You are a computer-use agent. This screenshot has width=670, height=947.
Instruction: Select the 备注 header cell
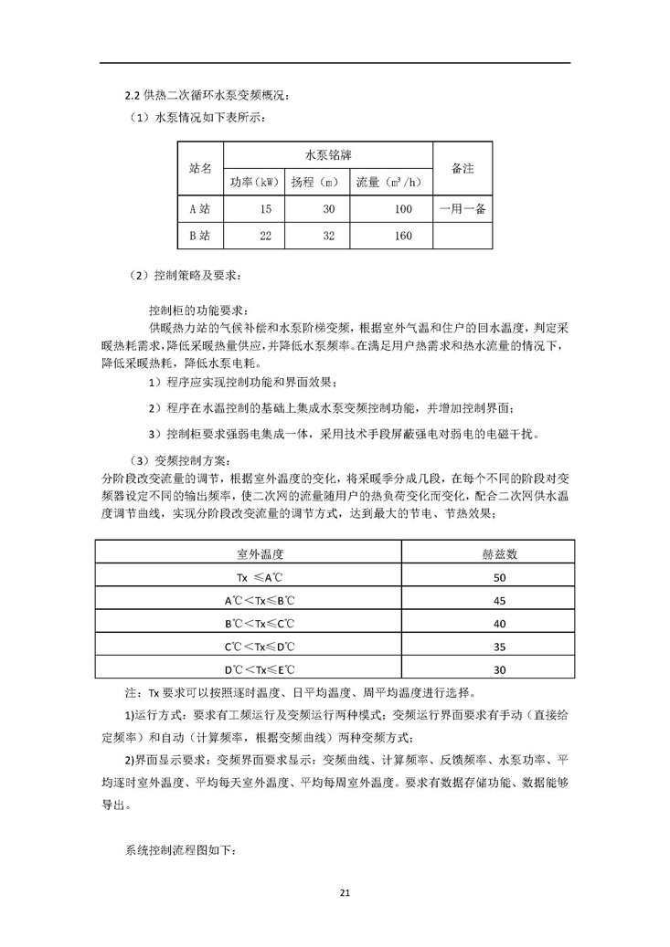[x=462, y=169]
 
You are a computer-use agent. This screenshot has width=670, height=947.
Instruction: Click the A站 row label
[x=199, y=209]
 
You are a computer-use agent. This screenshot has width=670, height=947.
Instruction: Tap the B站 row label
[x=199, y=236]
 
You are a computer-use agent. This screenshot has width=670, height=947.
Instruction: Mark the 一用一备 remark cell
[x=462, y=209]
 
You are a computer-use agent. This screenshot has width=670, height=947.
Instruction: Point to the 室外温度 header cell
[x=250, y=553]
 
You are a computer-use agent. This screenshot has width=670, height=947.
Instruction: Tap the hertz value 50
[x=499, y=578]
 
